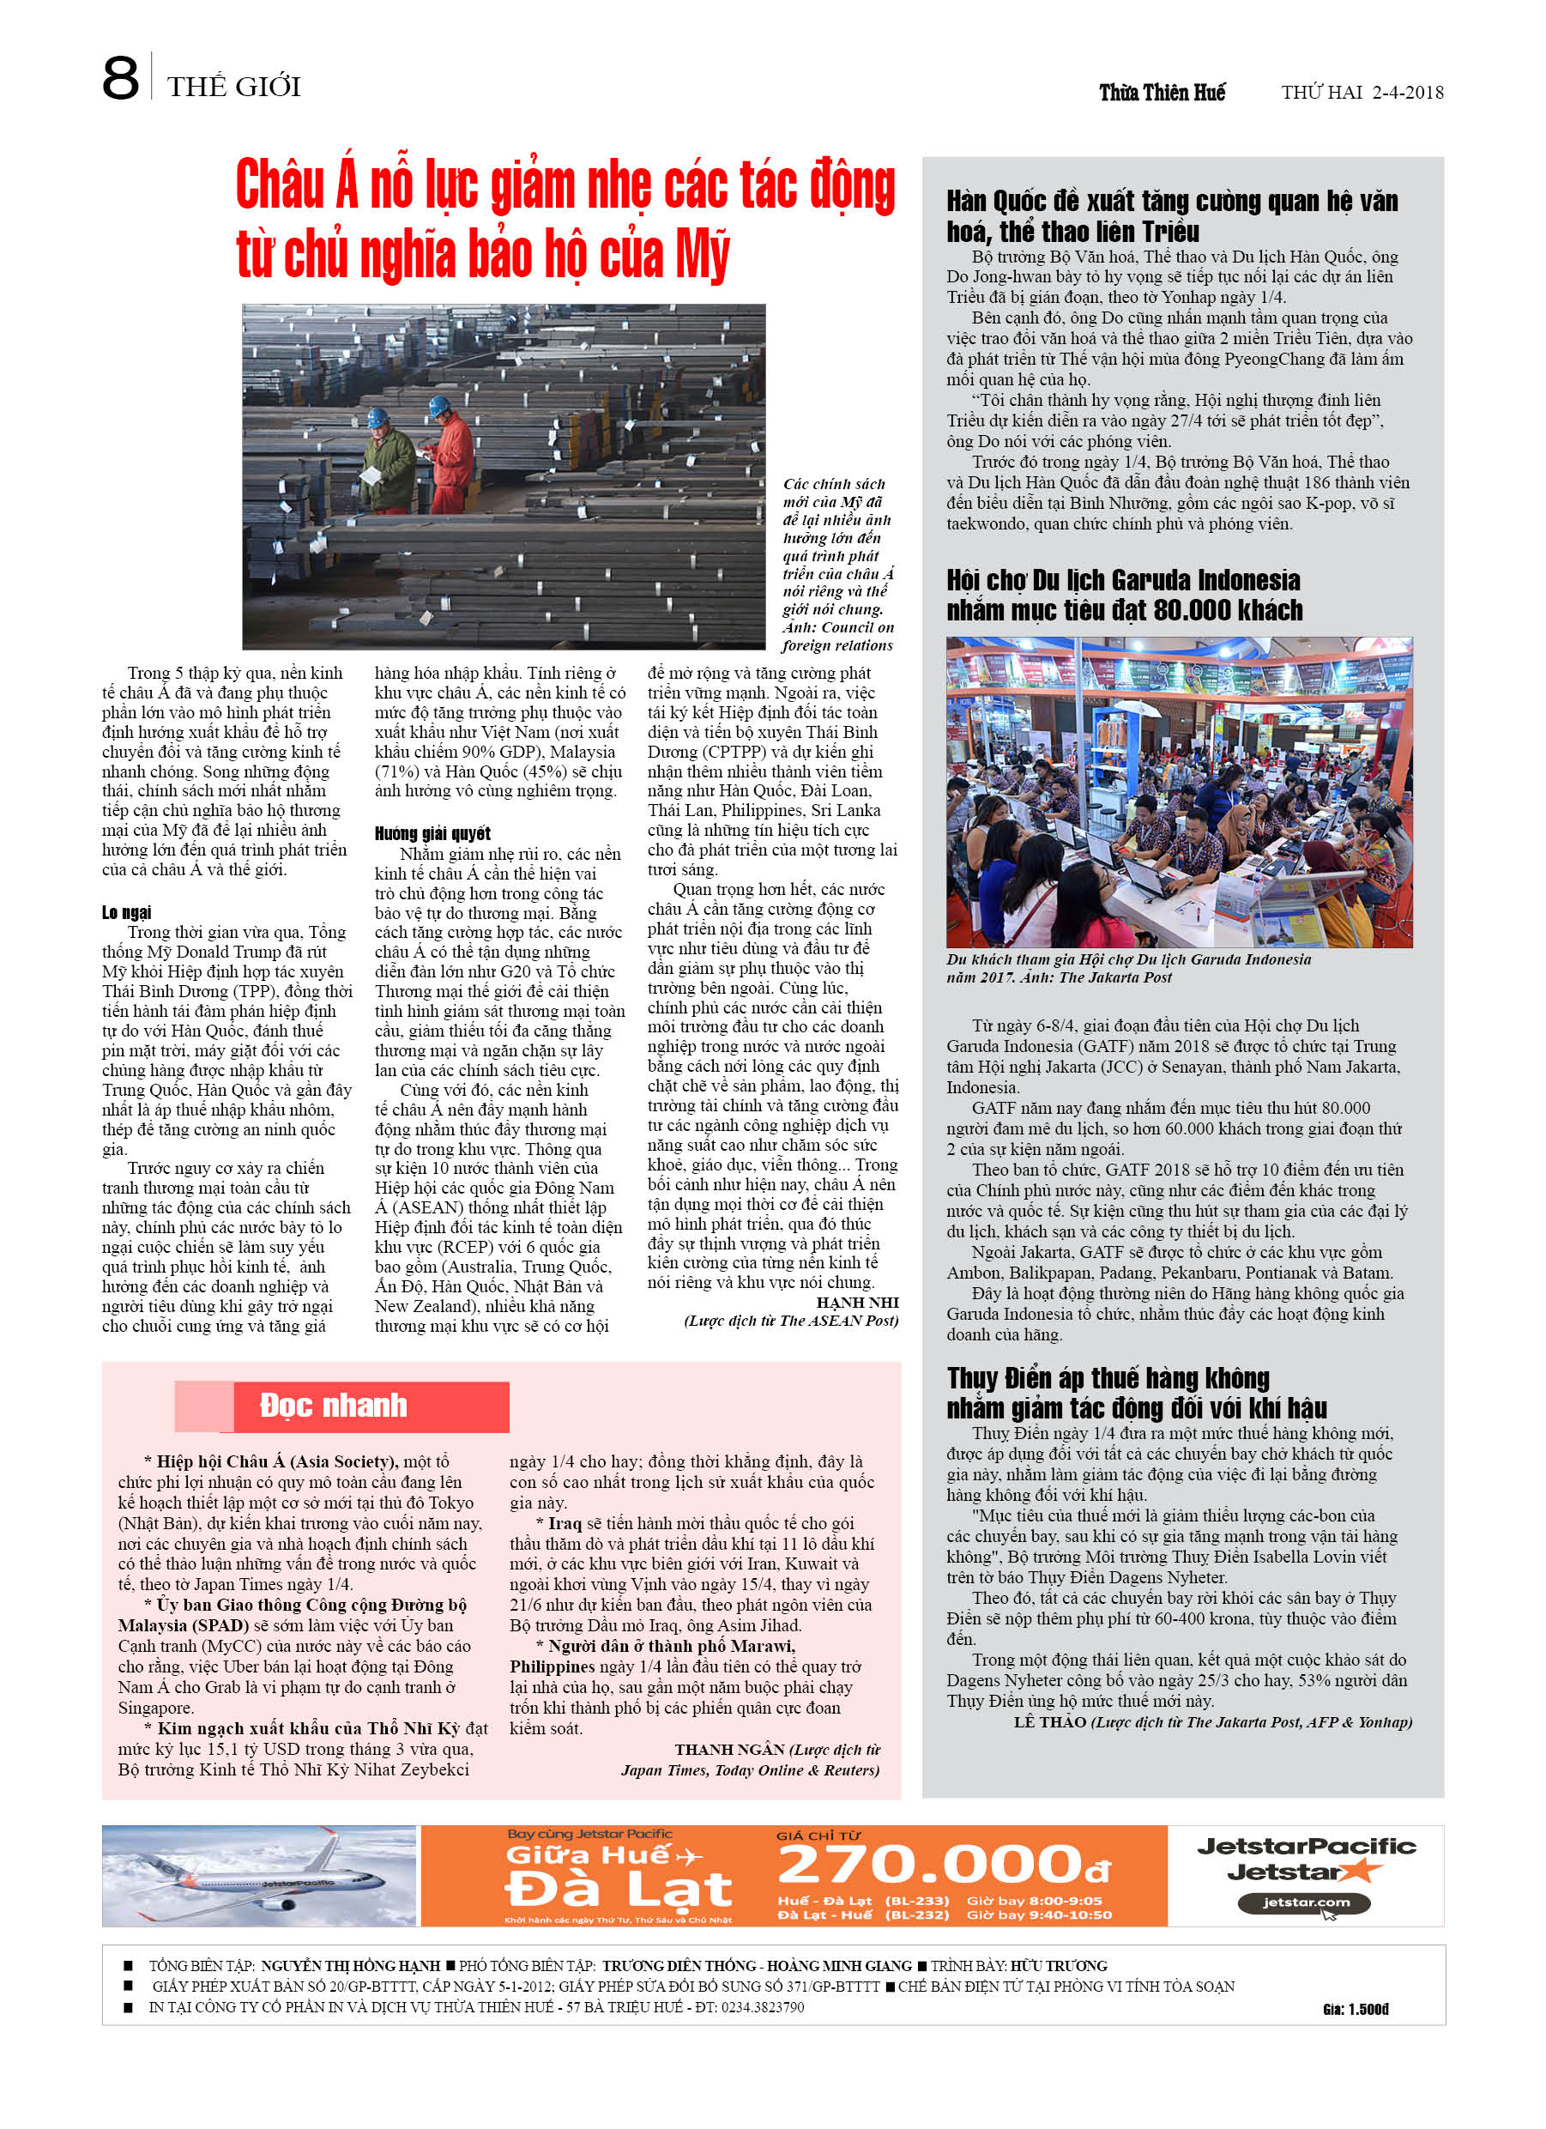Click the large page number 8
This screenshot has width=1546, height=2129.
point(120,79)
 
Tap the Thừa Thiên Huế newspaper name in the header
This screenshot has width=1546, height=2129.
point(1163,92)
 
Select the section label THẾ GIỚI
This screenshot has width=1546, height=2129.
point(233,88)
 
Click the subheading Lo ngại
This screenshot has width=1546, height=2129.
point(127,911)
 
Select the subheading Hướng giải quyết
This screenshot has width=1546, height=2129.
point(432,832)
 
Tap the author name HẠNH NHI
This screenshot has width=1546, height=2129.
point(856,1302)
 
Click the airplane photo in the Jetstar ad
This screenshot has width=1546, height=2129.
point(259,1876)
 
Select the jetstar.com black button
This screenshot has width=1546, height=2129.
point(1304,1902)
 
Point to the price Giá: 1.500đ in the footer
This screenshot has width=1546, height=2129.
point(1355,2009)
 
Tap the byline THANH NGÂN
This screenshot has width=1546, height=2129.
point(728,1750)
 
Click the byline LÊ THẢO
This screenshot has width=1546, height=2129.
point(1048,1721)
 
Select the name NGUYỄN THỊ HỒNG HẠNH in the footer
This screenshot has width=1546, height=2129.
point(349,1966)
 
